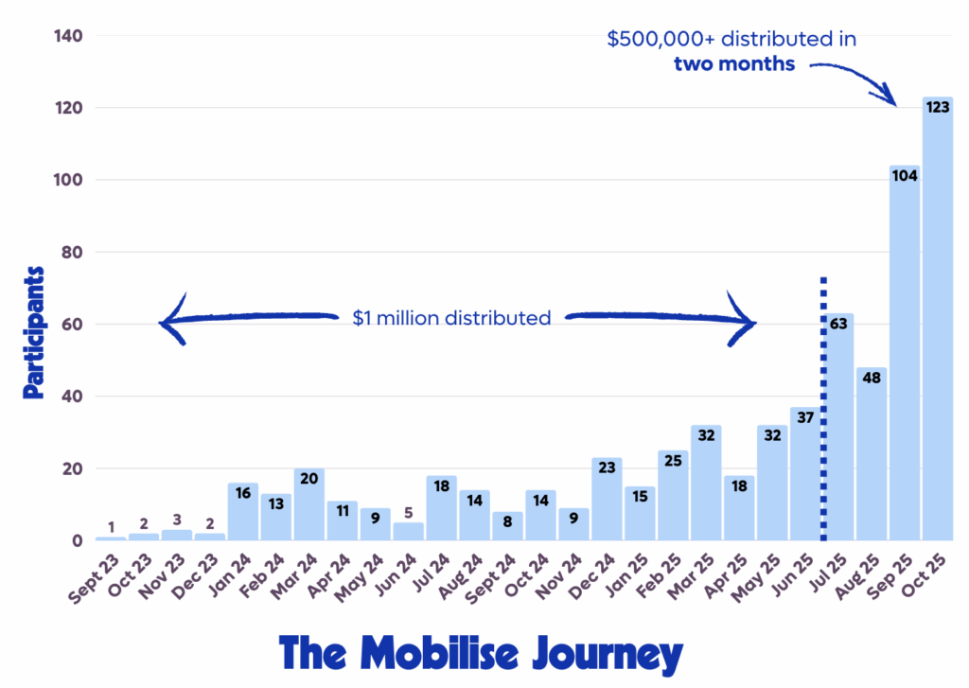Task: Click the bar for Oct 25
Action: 937,322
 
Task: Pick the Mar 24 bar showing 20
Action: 308,506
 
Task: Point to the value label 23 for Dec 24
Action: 607,468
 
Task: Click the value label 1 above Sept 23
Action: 111,527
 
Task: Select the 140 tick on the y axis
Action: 69,36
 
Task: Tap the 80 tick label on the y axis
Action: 73,253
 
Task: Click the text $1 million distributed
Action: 451,318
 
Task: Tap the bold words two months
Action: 734,64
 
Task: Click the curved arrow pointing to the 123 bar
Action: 856,79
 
